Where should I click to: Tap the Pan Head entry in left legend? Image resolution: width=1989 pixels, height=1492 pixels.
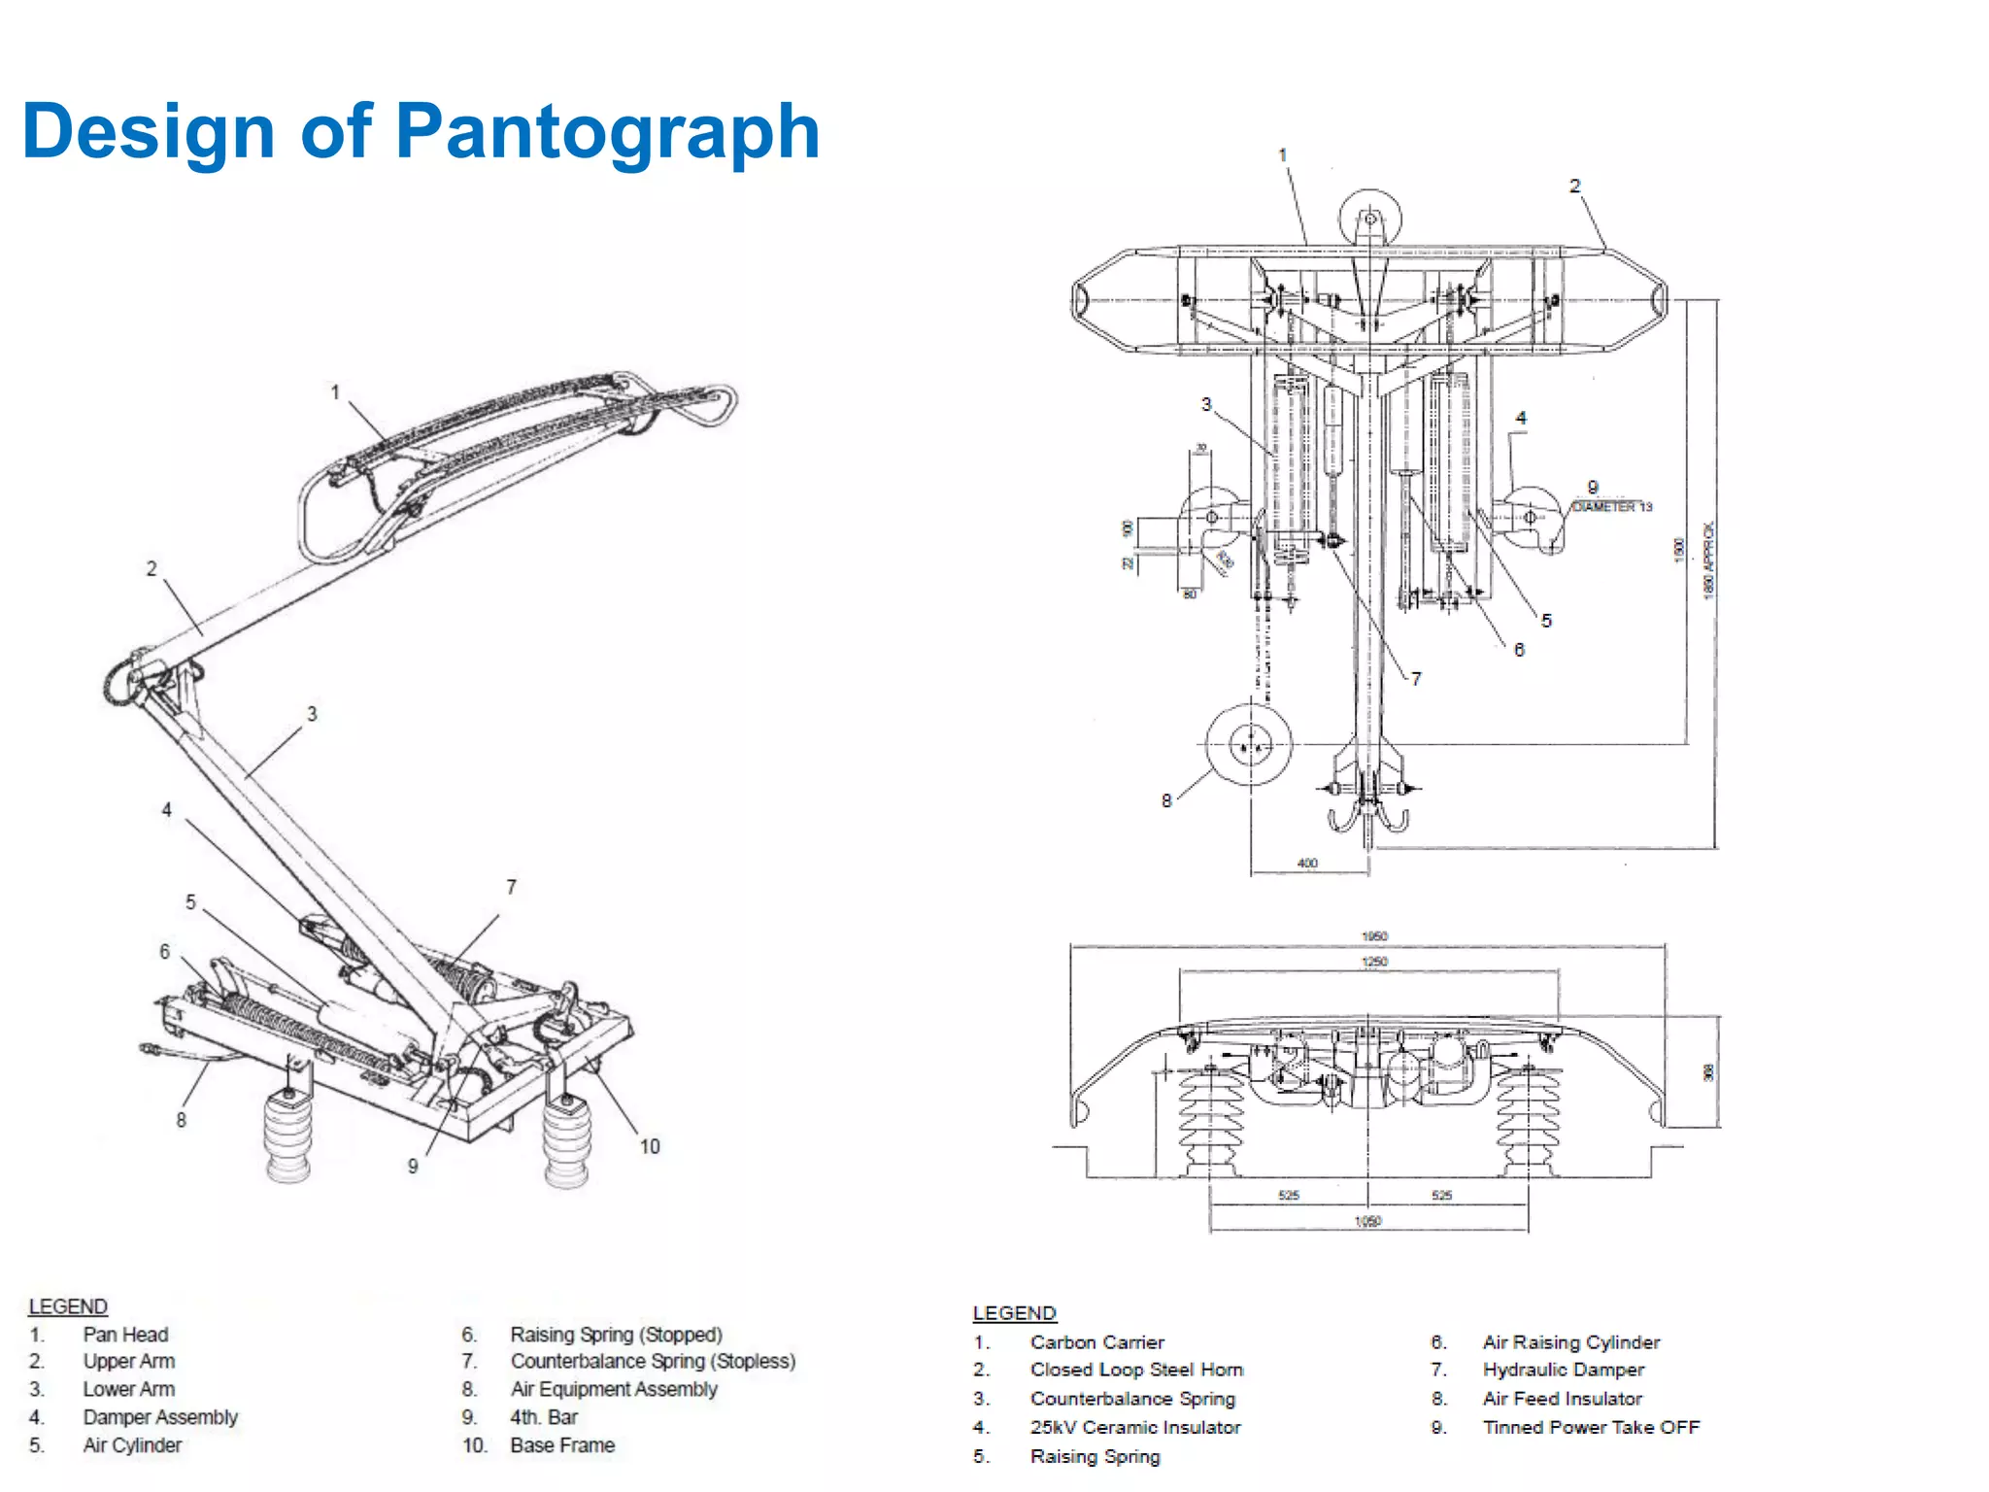coord(125,1335)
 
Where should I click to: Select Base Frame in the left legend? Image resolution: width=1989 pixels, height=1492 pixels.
coord(562,1445)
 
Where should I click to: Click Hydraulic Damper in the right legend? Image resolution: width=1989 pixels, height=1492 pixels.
coord(1563,1370)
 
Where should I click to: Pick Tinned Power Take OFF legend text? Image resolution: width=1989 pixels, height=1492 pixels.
coord(1591,1427)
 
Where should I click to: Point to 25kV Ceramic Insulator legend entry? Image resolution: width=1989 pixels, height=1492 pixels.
coord(1134,1427)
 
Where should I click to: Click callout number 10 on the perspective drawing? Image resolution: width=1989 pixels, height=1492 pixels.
coord(650,1146)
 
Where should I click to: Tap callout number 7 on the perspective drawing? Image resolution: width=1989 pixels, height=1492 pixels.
coord(511,887)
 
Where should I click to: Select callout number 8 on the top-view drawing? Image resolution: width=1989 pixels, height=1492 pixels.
coord(1166,800)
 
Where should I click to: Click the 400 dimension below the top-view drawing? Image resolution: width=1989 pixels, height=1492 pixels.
coord(1307,863)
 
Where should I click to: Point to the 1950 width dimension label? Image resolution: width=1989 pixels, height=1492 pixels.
coord(1374,936)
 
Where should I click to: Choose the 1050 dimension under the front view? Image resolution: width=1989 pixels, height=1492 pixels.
coord(1367,1221)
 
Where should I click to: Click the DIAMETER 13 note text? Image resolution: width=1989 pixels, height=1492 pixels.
coord(1612,507)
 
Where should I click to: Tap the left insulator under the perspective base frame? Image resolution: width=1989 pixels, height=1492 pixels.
coord(288,1136)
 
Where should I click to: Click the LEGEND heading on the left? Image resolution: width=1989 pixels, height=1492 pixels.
coord(68,1306)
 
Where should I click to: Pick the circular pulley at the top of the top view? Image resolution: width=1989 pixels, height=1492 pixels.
coord(1369,220)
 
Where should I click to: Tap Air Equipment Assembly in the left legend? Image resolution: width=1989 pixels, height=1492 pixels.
coord(613,1389)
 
